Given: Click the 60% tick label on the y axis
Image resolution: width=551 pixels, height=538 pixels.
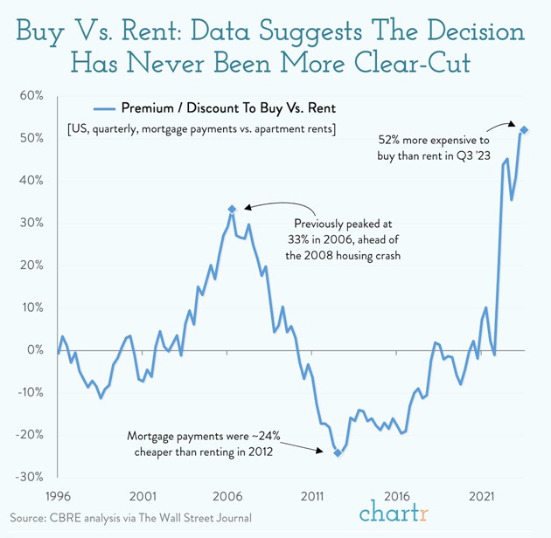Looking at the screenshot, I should (31, 96).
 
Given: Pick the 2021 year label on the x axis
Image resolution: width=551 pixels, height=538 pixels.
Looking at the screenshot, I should (483, 496).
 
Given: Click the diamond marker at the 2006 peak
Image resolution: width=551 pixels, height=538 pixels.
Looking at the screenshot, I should (232, 209).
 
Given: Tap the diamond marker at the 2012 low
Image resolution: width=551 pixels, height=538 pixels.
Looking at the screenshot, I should (338, 452).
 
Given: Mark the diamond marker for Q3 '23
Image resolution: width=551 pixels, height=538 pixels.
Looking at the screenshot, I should (524, 130).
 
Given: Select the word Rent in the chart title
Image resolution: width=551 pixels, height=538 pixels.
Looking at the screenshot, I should (150, 32).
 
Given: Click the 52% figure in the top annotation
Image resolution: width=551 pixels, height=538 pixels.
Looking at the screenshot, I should (391, 139).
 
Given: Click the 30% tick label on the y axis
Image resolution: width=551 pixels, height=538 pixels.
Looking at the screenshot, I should (31, 223).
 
